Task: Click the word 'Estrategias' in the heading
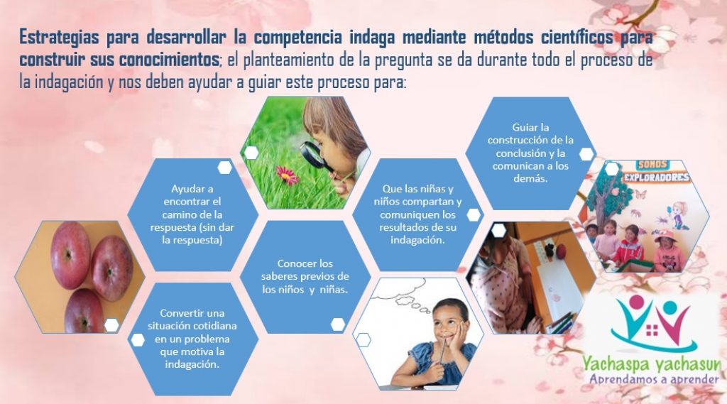(x=59, y=38)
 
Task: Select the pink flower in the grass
(x=287, y=175)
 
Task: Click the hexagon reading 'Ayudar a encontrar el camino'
(x=192, y=214)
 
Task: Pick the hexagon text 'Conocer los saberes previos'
(x=305, y=276)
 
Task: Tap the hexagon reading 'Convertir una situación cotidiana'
(x=192, y=339)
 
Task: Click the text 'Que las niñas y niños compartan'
(x=417, y=196)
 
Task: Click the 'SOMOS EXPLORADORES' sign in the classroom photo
(x=656, y=172)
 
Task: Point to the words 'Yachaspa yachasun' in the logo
(x=652, y=364)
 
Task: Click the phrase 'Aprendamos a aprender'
(x=654, y=379)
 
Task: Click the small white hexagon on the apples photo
(x=111, y=325)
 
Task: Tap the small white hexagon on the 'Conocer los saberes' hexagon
(x=338, y=324)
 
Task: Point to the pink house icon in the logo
(x=652, y=330)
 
